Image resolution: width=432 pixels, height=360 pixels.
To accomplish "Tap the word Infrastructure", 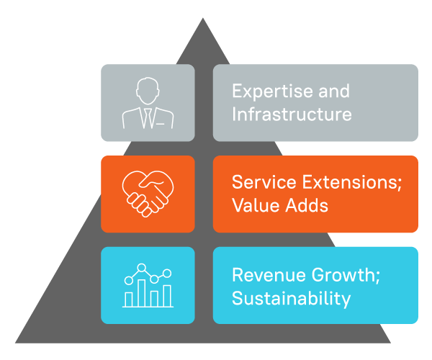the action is click(292, 114).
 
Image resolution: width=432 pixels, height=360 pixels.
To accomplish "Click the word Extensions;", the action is click(352, 182).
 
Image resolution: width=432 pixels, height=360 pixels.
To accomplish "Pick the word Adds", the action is click(307, 205).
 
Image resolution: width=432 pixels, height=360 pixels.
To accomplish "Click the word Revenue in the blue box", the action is click(269, 275).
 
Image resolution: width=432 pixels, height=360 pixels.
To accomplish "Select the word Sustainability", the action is click(291, 299).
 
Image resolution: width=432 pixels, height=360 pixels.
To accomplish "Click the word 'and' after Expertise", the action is click(334, 91).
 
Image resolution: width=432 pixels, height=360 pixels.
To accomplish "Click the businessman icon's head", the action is click(148, 91).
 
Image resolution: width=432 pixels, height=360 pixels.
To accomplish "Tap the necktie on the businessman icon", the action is click(148, 118).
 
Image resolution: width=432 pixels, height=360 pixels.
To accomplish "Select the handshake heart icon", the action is click(148, 194).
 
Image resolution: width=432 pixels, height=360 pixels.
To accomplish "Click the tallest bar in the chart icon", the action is click(142, 293).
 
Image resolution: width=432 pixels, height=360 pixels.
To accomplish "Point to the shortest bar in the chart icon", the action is click(129, 300).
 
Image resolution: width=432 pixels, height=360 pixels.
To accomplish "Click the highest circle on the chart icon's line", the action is click(141, 267).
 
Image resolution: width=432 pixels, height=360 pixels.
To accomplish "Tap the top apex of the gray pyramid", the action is click(203, 18).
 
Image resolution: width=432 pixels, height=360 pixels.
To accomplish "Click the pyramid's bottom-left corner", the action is click(15, 343).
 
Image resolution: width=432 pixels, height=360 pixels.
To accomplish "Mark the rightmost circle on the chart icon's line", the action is click(167, 274).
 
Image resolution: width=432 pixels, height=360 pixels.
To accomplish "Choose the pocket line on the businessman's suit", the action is click(161, 124).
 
